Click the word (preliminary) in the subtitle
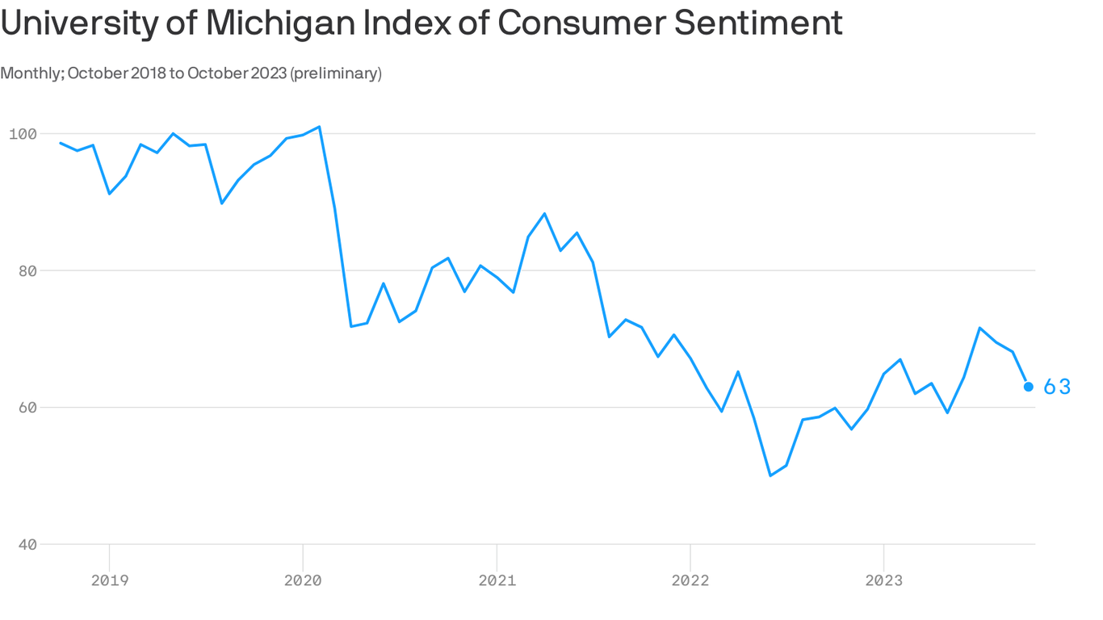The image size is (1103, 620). [335, 73]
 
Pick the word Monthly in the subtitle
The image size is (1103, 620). [31, 73]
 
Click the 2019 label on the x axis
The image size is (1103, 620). [109, 580]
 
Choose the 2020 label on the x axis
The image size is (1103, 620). [303, 580]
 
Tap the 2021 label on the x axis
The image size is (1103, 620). [497, 580]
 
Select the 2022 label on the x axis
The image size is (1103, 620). [690, 580]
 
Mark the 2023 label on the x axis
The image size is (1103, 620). [883, 580]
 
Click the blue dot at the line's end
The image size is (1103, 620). [1029, 387]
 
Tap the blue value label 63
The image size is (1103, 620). [1057, 387]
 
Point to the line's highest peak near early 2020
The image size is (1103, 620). [320, 127]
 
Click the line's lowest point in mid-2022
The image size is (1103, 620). [770, 475]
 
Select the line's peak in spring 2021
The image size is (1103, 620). [544, 213]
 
